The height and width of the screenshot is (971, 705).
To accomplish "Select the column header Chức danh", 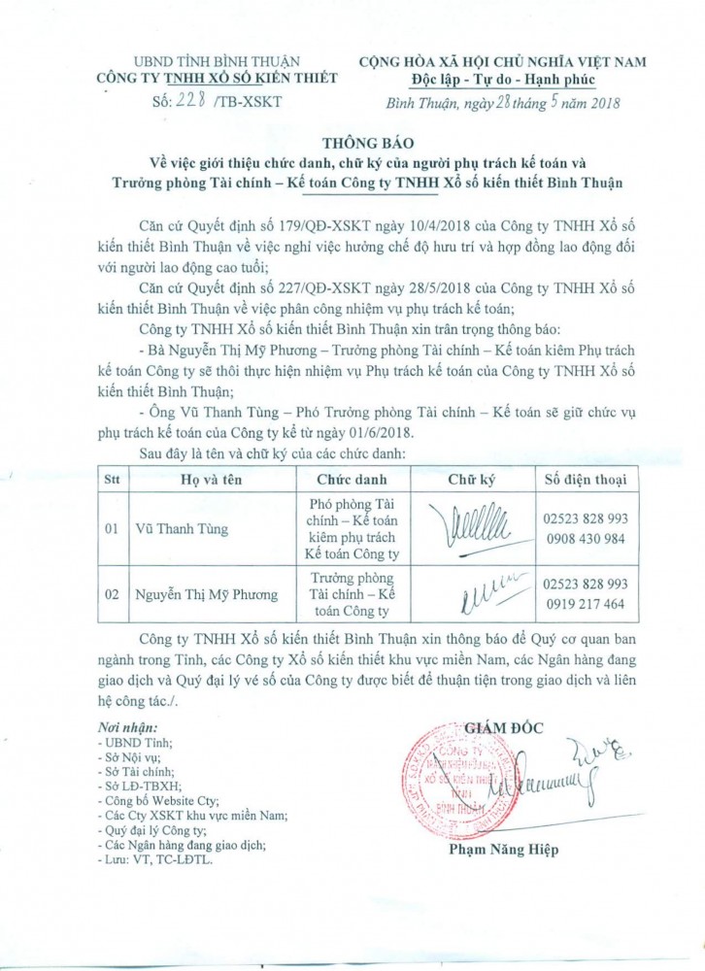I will (351, 479).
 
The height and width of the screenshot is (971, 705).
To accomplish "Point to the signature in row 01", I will (472, 528).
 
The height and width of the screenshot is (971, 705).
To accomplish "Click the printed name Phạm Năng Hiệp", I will (504, 851).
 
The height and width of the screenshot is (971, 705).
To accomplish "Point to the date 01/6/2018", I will (413, 432).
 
